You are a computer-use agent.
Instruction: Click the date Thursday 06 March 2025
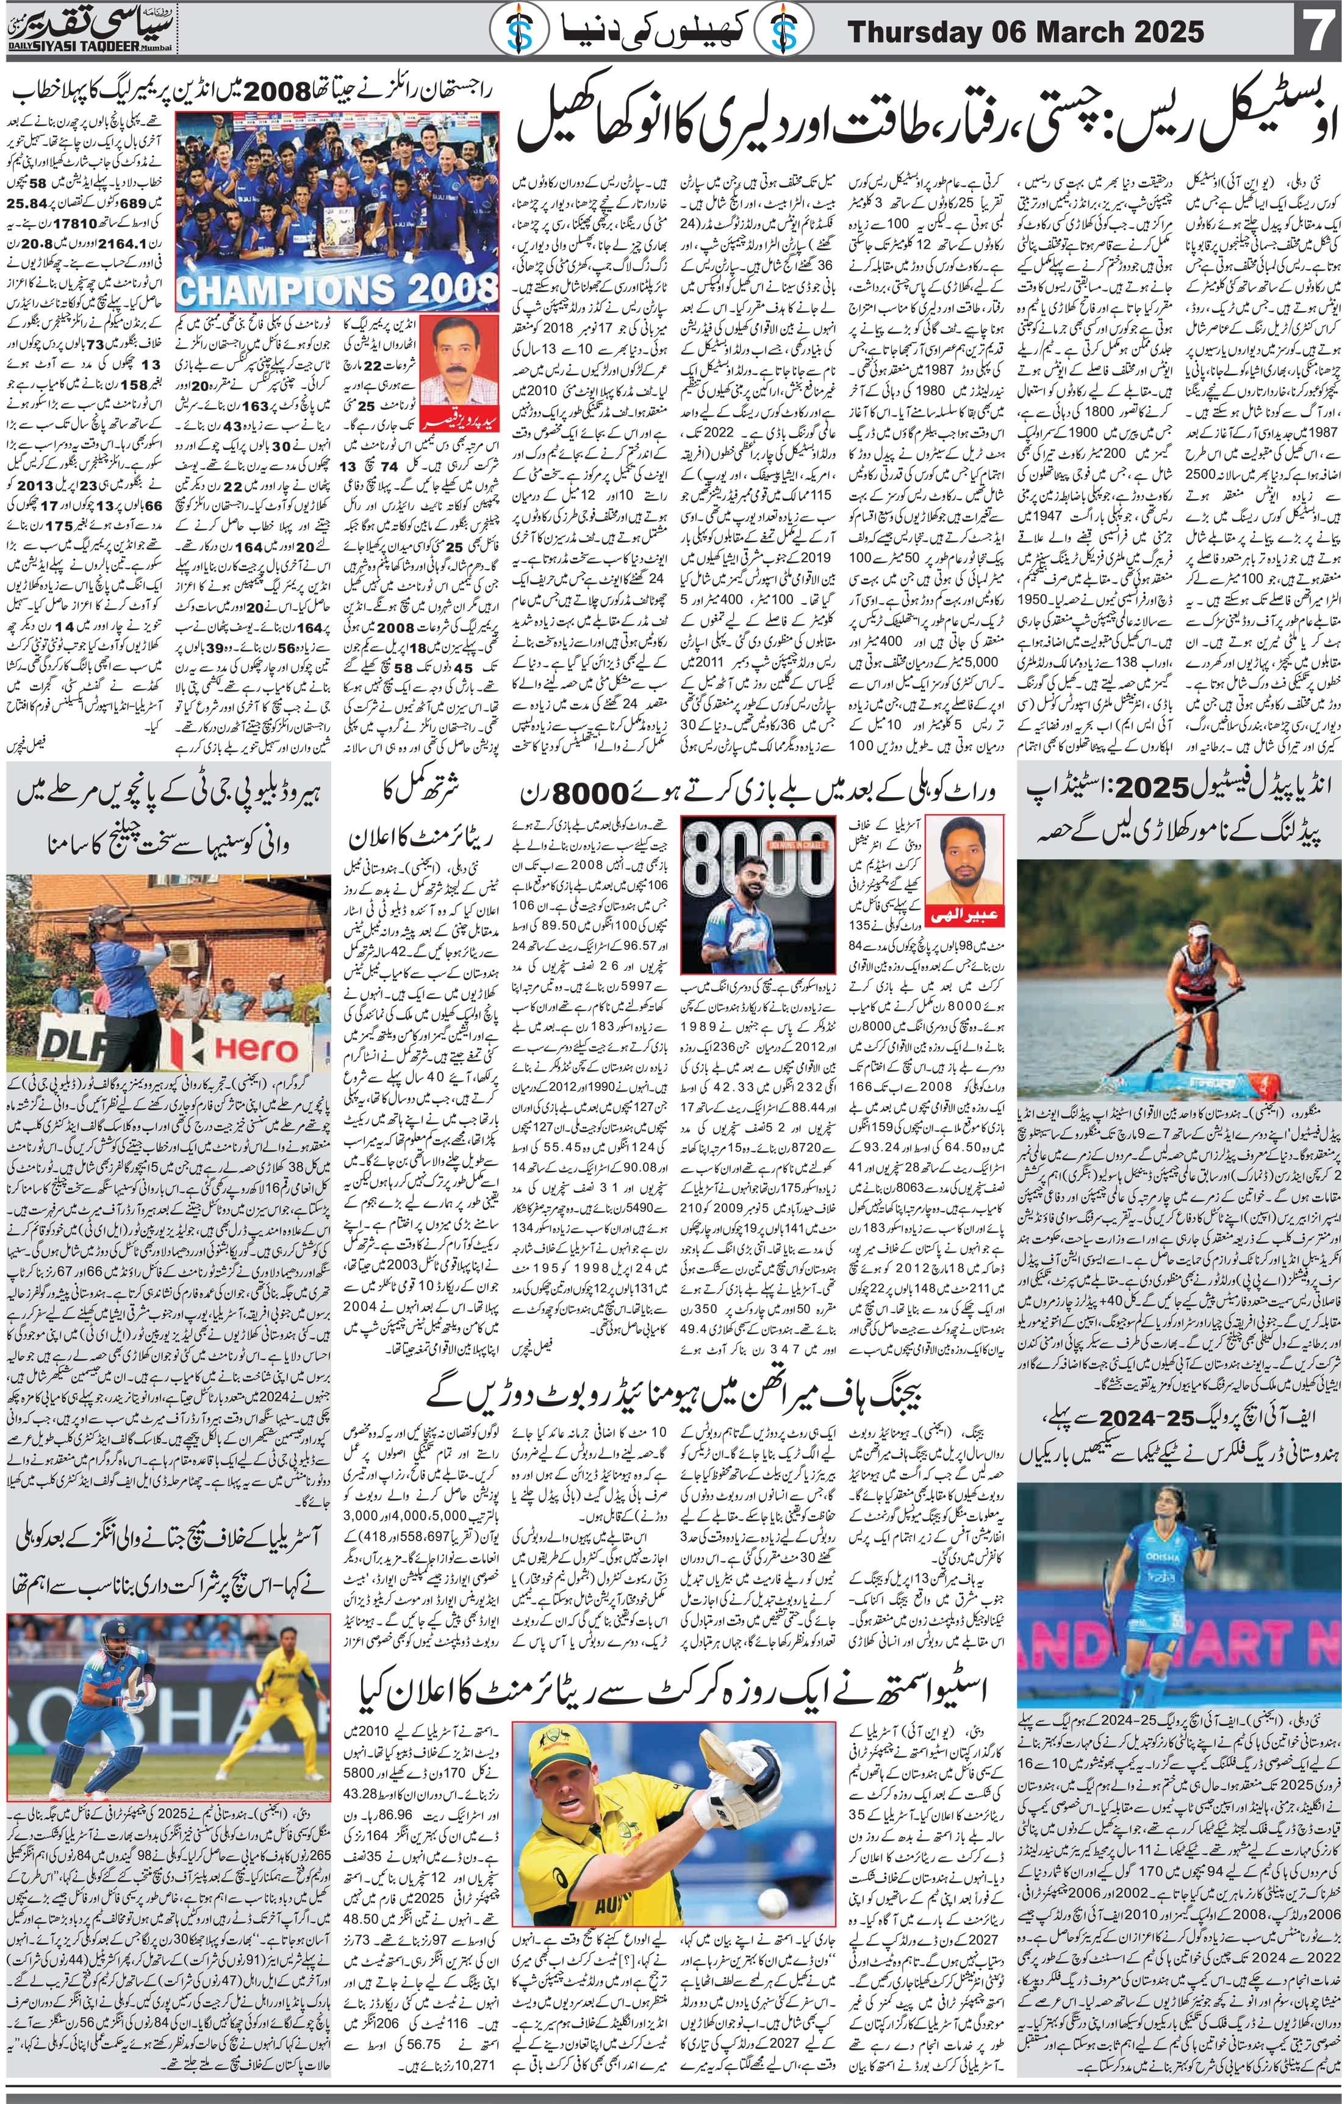pos(1026,33)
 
